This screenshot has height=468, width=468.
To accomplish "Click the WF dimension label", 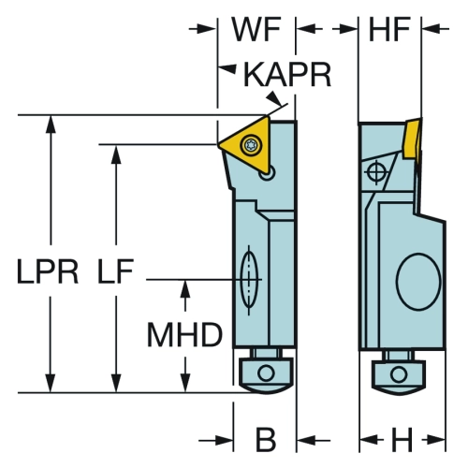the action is click(x=256, y=29).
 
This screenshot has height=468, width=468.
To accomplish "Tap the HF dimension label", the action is click(x=389, y=29).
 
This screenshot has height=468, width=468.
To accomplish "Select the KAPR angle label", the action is click(x=287, y=75).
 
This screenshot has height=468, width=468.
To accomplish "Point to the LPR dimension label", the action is click(x=48, y=271).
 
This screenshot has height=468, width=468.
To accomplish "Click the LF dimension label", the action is click(x=115, y=271).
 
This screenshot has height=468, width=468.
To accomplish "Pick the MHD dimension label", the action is click(x=184, y=335).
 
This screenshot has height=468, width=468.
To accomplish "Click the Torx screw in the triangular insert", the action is click(x=250, y=144).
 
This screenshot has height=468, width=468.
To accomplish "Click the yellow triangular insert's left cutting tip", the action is click(x=218, y=145).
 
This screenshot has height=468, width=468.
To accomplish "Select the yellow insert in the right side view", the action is click(x=413, y=139).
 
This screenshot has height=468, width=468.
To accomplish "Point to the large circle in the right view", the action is click(x=418, y=282).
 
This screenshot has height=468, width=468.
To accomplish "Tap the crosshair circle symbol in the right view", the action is click(x=376, y=171).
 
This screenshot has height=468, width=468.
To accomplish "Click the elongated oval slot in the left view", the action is click(x=249, y=280).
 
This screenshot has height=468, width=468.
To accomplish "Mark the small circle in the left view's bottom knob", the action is click(x=266, y=373).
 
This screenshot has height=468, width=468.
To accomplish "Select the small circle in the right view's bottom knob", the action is click(x=399, y=374).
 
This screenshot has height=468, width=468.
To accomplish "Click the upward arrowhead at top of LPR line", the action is click(x=51, y=124).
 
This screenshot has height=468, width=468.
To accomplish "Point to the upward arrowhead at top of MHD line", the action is click(x=185, y=288).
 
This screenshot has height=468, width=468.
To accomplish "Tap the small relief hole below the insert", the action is click(x=267, y=173).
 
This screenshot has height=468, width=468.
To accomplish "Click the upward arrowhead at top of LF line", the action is click(x=116, y=154).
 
